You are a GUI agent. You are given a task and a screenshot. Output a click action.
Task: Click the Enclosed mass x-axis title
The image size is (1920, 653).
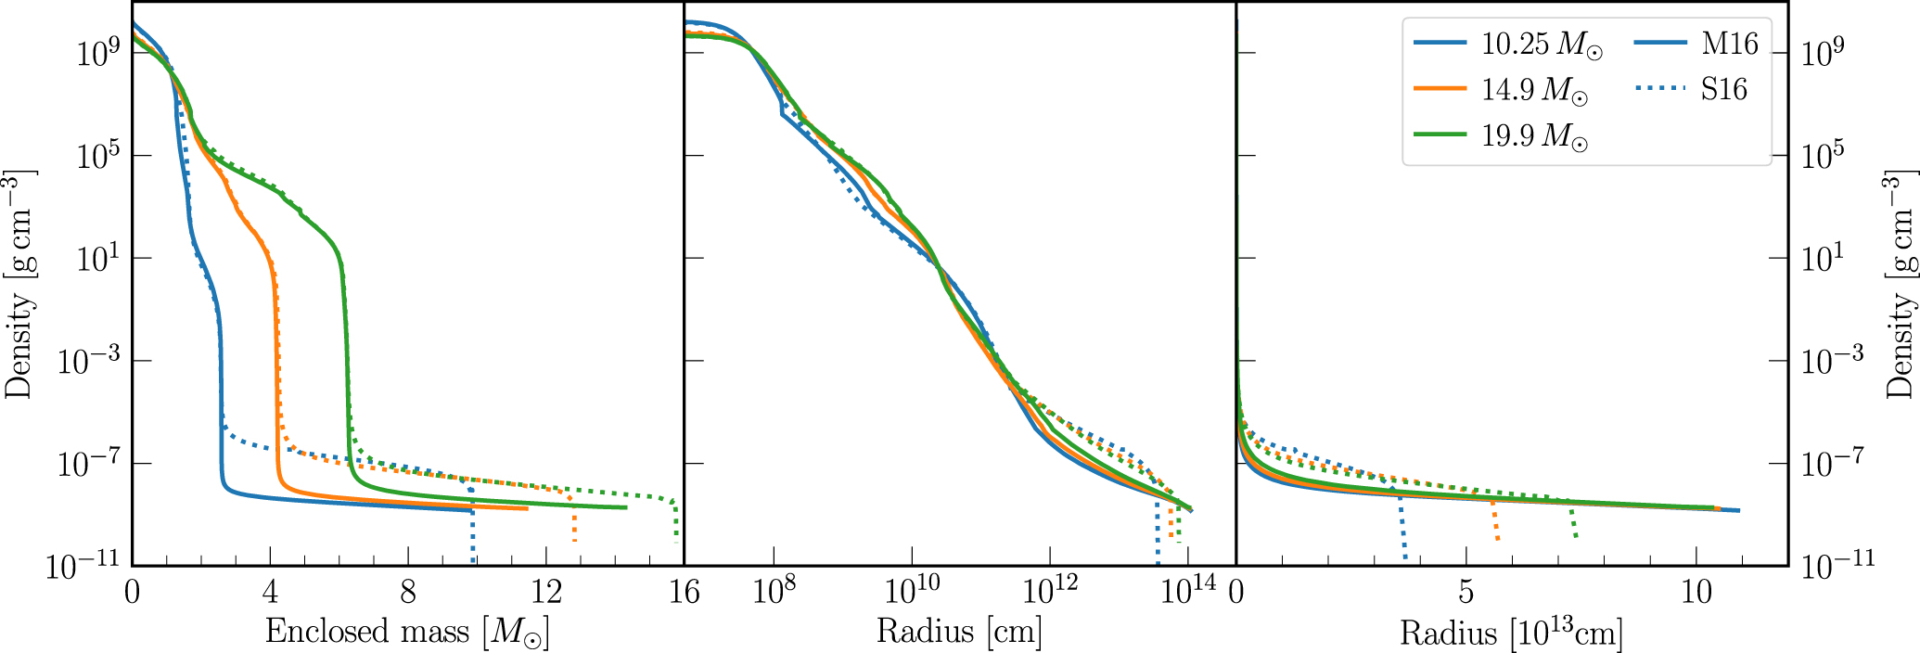tap(407, 632)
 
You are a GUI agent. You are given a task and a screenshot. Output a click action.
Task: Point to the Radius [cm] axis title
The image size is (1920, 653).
tap(959, 632)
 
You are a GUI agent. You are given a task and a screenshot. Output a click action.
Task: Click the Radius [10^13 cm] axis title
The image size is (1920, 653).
tap(1511, 632)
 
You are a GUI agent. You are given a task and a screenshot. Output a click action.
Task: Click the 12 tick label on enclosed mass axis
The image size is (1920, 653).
tap(546, 591)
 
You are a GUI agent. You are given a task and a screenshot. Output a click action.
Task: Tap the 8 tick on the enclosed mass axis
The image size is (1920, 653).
tap(408, 591)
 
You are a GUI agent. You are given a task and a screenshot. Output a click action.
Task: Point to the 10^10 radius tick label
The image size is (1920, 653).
tap(913, 590)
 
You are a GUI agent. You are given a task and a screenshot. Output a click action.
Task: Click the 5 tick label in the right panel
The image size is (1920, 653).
tap(1466, 591)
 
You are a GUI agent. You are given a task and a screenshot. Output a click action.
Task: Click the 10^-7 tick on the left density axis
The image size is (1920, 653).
tap(89, 463)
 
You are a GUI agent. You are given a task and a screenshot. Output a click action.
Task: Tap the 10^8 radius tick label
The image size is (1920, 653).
tap(774, 590)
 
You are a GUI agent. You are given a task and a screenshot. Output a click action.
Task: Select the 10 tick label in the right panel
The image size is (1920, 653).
tap(1696, 591)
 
